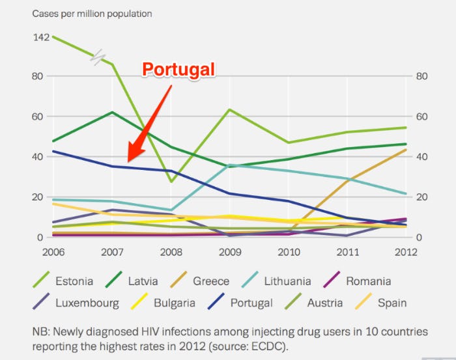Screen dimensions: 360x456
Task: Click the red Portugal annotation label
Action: (178, 70)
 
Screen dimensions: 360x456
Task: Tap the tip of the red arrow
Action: (128, 161)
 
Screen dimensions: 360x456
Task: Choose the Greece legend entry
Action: (210, 281)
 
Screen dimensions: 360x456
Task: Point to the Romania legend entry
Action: (368, 281)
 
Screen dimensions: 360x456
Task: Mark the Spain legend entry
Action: (391, 302)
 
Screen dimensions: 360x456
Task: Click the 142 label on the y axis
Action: (41, 37)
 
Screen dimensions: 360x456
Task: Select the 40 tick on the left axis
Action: (39, 157)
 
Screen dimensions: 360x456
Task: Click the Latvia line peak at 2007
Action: (113, 112)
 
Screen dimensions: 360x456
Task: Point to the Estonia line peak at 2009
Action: (230, 109)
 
